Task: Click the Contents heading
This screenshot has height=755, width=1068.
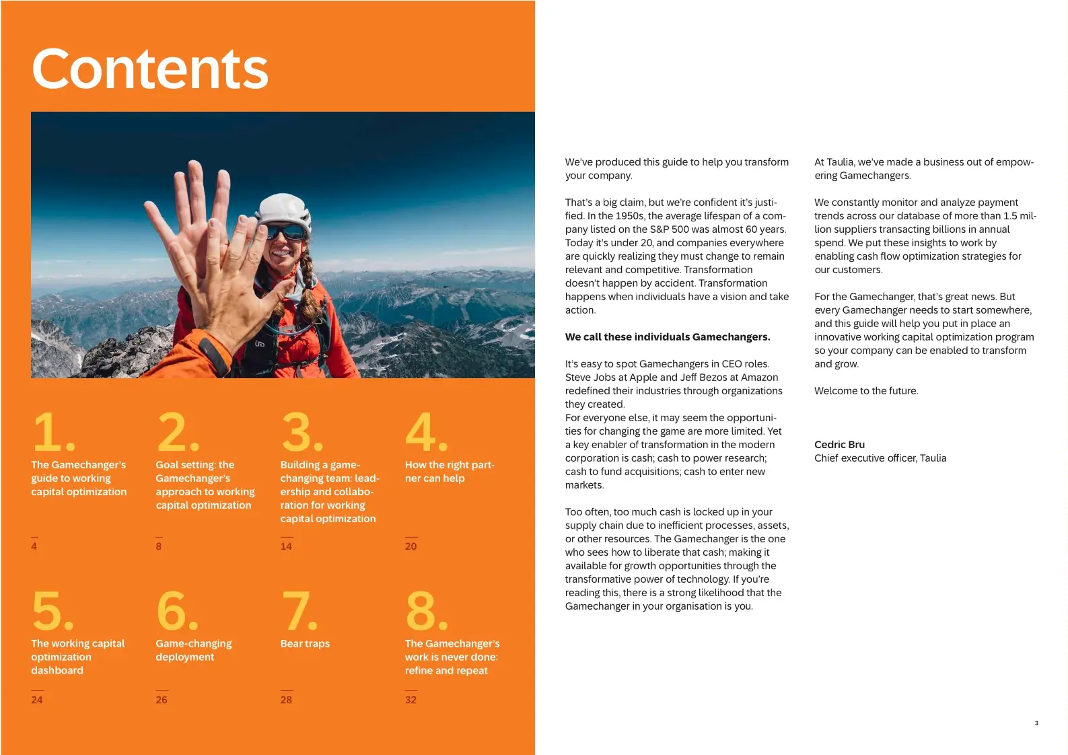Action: pos(150,69)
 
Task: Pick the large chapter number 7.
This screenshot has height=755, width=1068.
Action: pos(299,610)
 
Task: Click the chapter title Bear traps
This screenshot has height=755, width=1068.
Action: pos(305,643)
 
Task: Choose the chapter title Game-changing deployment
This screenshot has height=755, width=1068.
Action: pos(193,650)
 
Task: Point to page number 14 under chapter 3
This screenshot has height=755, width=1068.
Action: pos(286,546)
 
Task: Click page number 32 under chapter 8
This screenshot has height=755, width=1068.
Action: pos(411,700)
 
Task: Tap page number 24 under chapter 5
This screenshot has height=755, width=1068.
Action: pos(37,700)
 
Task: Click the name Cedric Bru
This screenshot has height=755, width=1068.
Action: pos(839,445)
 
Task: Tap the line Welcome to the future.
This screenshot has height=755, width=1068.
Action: pos(865,391)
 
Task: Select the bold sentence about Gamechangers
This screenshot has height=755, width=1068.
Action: pos(668,337)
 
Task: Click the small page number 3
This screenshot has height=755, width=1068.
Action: pos(1036,723)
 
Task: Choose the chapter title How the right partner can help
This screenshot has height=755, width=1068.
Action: pos(449,472)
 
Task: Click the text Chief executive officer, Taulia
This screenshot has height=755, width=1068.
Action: pos(880,458)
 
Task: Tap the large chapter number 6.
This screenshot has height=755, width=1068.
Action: pos(176,610)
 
